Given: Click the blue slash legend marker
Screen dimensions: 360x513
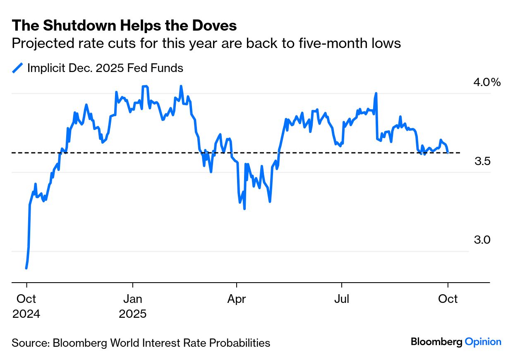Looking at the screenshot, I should (x=18, y=68).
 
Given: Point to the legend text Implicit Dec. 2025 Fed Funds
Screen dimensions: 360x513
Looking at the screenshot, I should (x=105, y=68).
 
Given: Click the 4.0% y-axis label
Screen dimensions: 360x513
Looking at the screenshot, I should (x=487, y=82).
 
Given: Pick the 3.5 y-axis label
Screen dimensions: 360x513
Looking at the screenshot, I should (x=482, y=161).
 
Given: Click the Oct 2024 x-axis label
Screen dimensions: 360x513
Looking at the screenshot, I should (x=26, y=306).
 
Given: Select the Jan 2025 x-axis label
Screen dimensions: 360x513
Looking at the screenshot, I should (x=133, y=306).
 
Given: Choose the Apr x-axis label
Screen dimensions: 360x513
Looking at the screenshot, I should (x=237, y=299).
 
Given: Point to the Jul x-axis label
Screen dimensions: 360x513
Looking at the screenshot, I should (x=342, y=299).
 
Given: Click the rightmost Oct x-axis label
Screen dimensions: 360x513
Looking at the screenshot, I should (x=448, y=299).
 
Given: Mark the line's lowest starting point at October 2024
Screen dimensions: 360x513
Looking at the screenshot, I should (x=26, y=268).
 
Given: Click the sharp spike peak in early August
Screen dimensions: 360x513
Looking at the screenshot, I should (x=376, y=94).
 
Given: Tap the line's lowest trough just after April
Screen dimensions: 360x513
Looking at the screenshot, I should (x=245, y=209).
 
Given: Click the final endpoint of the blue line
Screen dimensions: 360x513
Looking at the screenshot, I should (x=448, y=153).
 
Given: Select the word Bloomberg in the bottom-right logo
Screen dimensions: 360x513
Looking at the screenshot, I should (x=436, y=342).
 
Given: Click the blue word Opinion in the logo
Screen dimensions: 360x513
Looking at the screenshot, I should (x=483, y=342).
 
